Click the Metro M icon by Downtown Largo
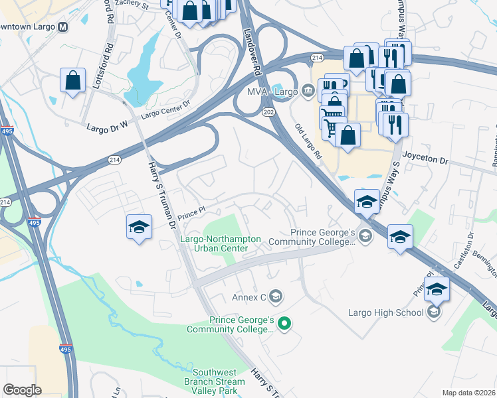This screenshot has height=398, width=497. pos(63,27)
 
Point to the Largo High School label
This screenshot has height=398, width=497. pos(386,312)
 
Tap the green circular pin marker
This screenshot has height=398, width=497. pos(284,324)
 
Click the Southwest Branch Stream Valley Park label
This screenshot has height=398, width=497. pos(215,381)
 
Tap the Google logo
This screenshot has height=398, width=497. pos(22,390)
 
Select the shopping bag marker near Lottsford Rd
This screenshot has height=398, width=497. pos(73,80)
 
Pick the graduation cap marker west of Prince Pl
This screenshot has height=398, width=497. pos(139,227)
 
